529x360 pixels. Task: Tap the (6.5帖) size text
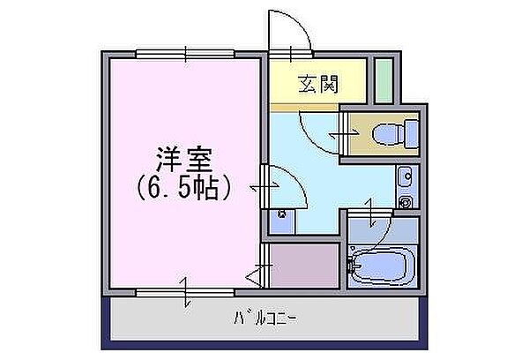[x=184, y=188]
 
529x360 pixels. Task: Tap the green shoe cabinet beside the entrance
[x=384, y=81]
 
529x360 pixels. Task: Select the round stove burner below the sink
[x=406, y=202]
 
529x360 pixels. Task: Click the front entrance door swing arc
[x=292, y=32]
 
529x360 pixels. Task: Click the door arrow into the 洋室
[x=257, y=187]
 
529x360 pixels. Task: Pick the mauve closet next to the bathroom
[x=304, y=265]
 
